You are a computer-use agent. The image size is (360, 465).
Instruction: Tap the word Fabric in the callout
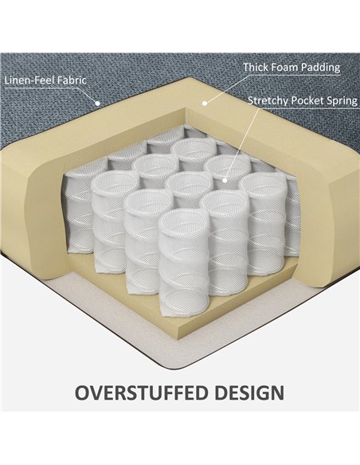[72, 80]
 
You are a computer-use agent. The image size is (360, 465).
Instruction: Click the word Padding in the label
[320, 68]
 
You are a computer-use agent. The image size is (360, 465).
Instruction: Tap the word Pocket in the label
[307, 100]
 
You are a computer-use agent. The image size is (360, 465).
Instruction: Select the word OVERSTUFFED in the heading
[143, 393]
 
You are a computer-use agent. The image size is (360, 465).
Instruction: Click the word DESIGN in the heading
[249, 393]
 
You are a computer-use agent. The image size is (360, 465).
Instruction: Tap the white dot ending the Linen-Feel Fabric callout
[97, 104]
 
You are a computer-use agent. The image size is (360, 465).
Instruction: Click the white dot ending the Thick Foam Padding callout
[204, 104]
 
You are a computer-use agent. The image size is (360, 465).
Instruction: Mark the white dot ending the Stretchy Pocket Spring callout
[225, 180]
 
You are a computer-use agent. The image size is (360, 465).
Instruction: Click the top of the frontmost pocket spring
[184, 222]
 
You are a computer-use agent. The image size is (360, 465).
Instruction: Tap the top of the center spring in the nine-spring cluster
[189, 182]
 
